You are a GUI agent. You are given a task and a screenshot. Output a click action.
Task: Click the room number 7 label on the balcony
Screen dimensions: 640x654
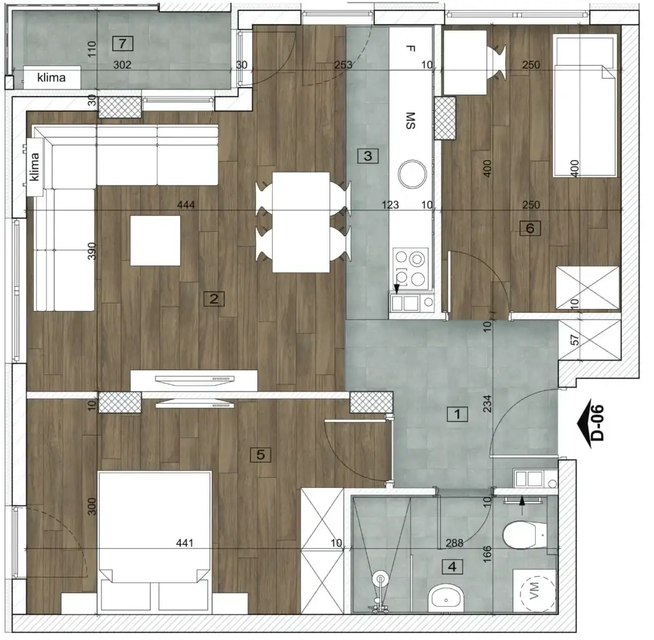point(123,43)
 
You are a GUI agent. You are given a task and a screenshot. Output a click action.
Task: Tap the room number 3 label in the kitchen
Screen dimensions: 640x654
point(368,155)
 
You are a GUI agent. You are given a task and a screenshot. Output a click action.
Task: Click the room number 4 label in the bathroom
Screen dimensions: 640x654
point(453,566)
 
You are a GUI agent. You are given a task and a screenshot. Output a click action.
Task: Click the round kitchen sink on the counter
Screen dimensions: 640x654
point(412,172)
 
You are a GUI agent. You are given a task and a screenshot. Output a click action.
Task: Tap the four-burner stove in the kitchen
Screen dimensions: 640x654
point(411,268)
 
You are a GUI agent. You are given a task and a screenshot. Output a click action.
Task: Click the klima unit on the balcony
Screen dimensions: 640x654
point(52,79)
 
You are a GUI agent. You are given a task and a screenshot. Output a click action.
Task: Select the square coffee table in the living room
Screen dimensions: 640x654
point(155,241)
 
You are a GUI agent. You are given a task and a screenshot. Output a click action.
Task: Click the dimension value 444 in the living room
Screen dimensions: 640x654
point(186,205)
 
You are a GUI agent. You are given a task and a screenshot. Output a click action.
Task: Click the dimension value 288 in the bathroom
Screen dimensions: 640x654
point(455,544)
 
